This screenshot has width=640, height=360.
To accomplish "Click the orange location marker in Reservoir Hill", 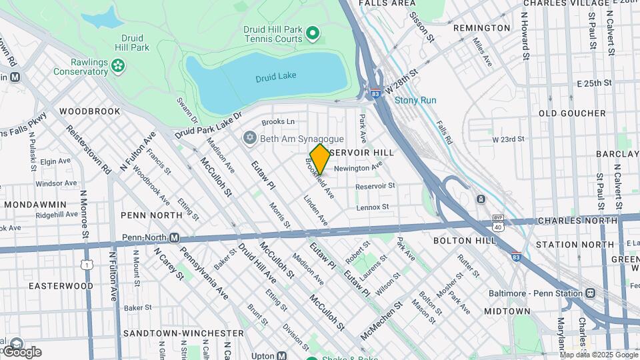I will (320, 159).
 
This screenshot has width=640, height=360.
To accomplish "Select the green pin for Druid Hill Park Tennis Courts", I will (312, 32).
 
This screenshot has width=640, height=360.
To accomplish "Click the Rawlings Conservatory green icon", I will (118, 65).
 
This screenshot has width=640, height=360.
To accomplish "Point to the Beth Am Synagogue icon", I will (249, 138).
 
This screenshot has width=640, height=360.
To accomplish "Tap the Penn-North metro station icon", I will (174, 237).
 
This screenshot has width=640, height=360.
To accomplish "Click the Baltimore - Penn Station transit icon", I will (590, 293).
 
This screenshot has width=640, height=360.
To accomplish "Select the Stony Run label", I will (415, 101).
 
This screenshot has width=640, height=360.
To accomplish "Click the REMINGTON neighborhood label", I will (481, 28).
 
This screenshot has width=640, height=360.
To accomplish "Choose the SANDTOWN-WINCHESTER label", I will (183, 333).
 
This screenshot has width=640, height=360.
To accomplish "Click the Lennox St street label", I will (372, 207).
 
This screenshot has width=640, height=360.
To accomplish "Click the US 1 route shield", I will (87, 265).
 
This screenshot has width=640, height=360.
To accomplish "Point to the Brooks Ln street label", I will (278, 122).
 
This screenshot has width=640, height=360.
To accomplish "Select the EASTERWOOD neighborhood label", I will (61, 285).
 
